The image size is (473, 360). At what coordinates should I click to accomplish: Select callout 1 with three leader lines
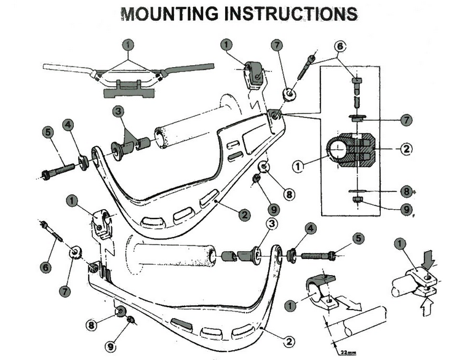tap(127, 45)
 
